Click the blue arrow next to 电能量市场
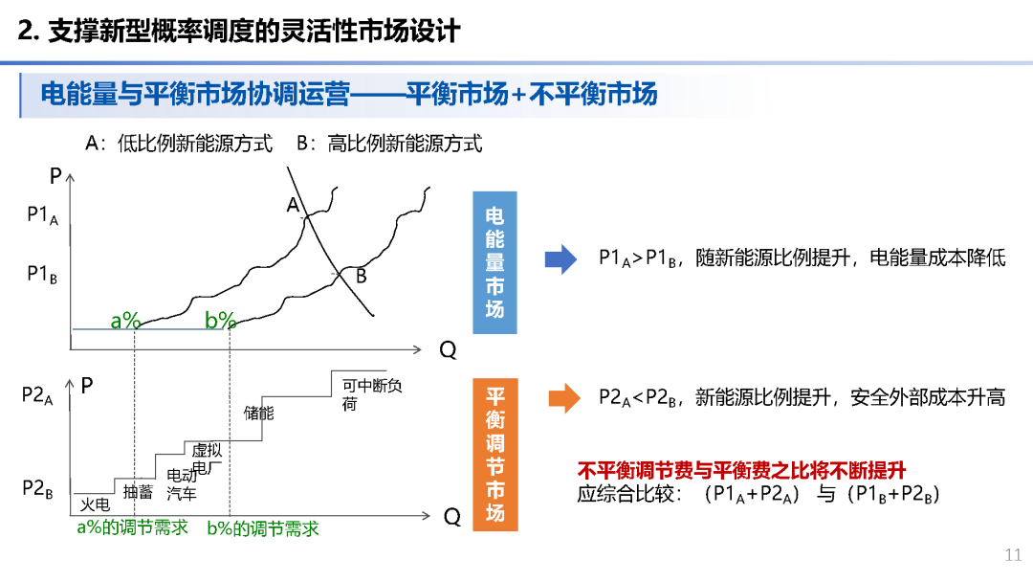[560, 259]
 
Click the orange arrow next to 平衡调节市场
[563, 397]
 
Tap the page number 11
[1013, 554]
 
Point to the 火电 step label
[95, 504]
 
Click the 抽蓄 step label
[138, 492]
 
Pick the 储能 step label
[258, 414]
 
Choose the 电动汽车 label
[182, 484]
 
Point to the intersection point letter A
[293, 205]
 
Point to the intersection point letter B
[362, 277]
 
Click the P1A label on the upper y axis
[42, 216]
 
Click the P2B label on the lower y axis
[37, 489]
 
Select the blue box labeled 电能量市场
[495, 261]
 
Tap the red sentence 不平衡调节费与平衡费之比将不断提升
[741, 470]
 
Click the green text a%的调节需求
[132, 527]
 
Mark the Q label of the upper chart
[448, 350]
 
